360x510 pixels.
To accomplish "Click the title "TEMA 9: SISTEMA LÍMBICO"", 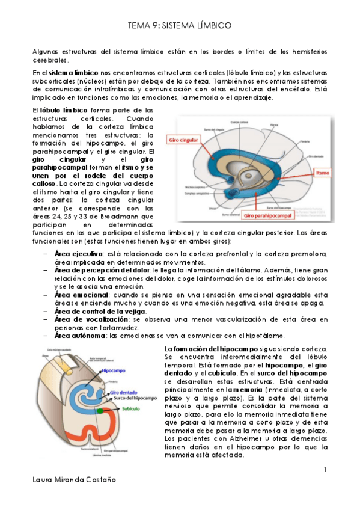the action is (x=180, y=26).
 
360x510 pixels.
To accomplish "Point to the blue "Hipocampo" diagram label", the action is (x=114, y=371).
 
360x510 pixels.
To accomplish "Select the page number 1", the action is (x=325, y=469).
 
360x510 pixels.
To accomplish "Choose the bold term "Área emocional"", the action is (x=79, y=295).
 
